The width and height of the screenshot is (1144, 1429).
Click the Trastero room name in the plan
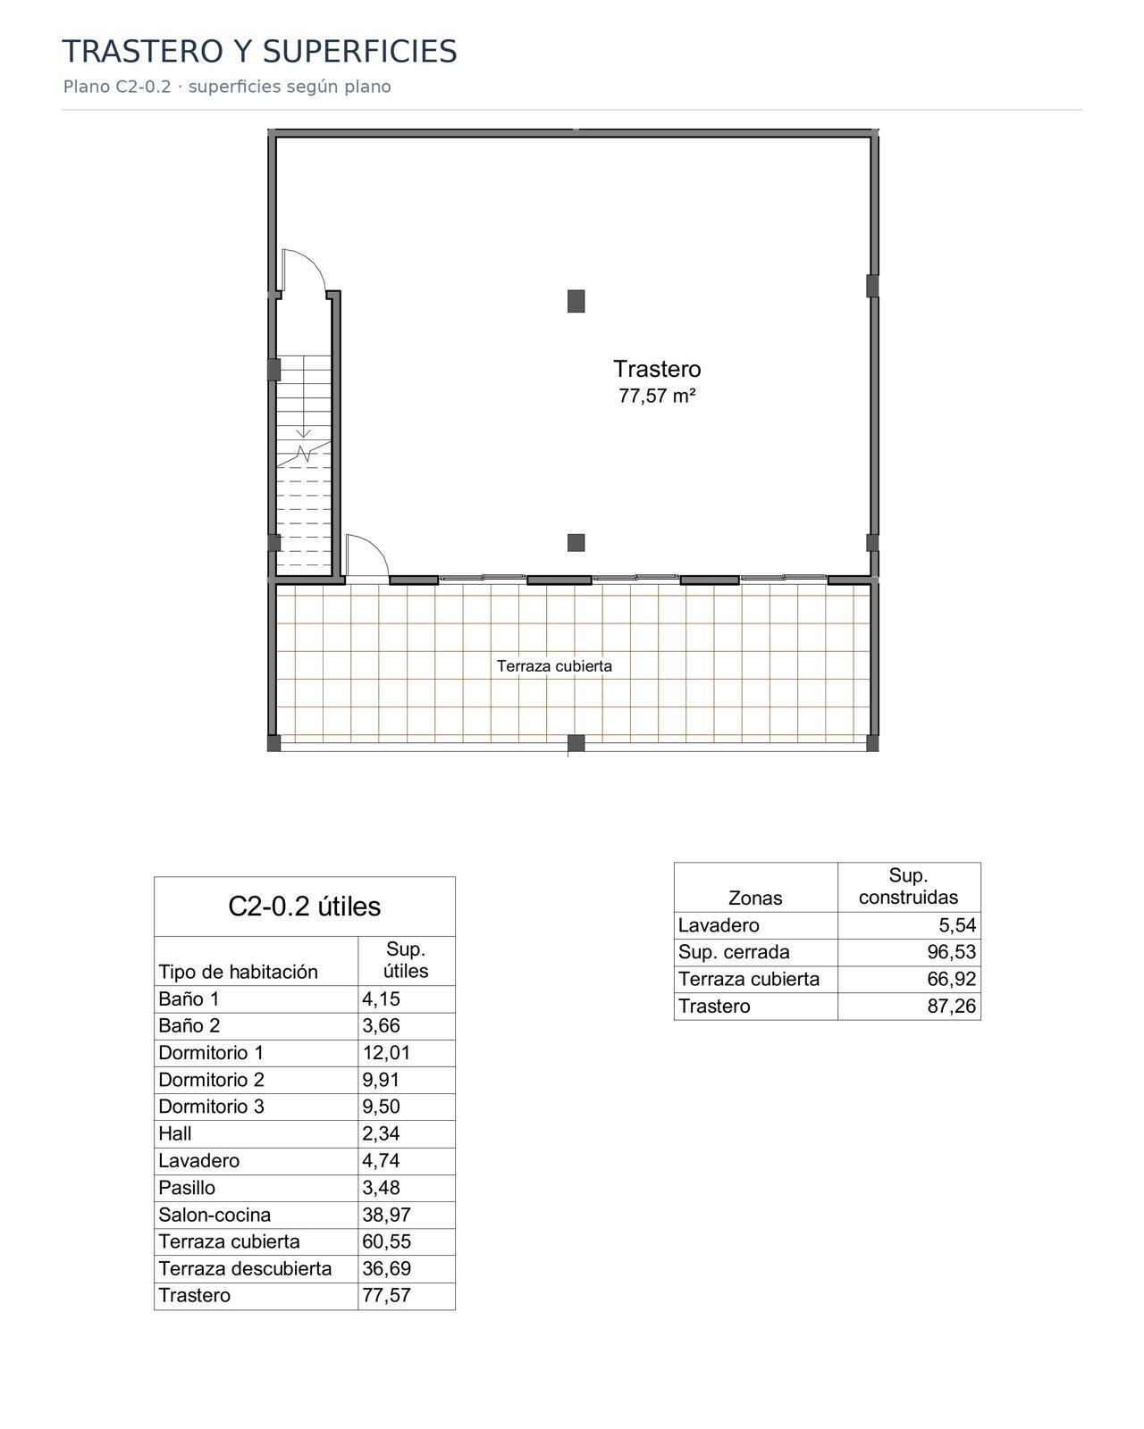pyautogui.click(x=656, y=369)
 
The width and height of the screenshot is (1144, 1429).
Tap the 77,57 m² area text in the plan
pyautogui.click(x=656, y=396)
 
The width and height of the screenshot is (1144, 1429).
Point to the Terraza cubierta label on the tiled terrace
pyautogui.click(x=554, y=666)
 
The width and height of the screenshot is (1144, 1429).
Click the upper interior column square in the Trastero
pyautogui.click(x=576, y=301)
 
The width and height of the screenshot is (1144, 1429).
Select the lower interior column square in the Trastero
pyautogui.click(x=576, y=542)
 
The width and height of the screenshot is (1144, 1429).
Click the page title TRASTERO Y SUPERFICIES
pyautogui.click(x=259, y=51)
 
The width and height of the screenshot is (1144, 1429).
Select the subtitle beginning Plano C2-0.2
pyautogui.click(x=227, y=87)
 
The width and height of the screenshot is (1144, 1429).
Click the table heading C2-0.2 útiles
pyautogui.click(x=304, y=907)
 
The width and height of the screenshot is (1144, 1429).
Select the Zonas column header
pyautogui.click(x=755, y=898)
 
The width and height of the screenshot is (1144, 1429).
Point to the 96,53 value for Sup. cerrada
pyautogui.click(x=951, y=951)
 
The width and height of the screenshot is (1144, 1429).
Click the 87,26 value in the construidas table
pyautogui.click(x=951, y=1006)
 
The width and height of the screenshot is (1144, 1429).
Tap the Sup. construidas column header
pyautogui.click(x=908, y=887)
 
